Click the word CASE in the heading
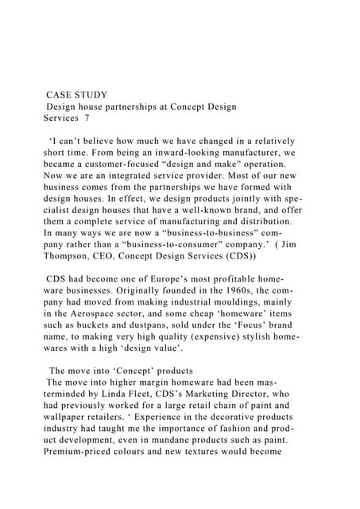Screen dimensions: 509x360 click(61, 95)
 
